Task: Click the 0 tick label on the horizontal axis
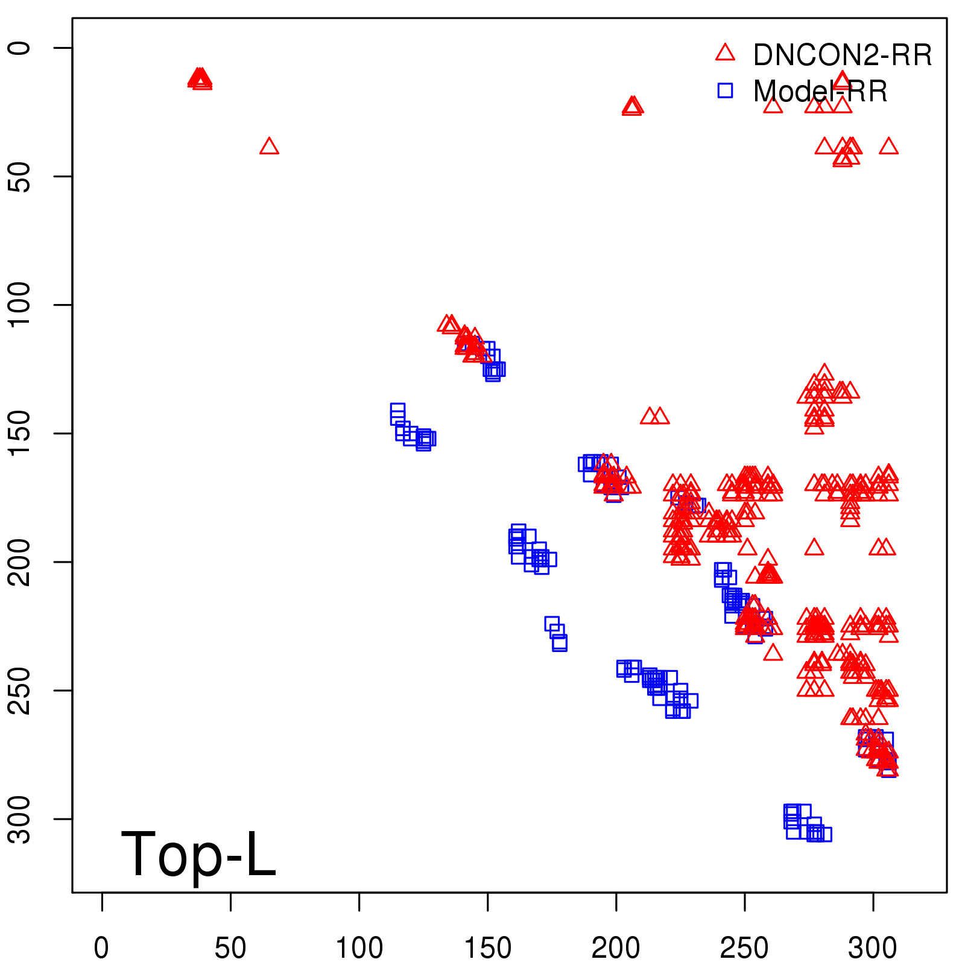101,948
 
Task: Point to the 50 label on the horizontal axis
230,948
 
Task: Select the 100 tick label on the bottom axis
359,948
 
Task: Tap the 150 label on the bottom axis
487,948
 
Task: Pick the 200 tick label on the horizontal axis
616,948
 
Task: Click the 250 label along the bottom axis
744,948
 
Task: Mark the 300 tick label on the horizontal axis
873,948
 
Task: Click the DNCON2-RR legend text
843,55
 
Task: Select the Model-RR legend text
820,92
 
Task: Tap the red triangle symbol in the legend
725,53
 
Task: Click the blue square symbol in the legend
725,90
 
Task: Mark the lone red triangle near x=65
269,147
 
